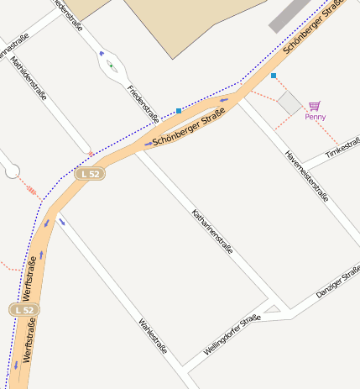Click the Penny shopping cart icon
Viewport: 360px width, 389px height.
point(314,105)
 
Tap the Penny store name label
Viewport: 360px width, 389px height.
point(315,117)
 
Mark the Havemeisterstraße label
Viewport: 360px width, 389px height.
point(306,176)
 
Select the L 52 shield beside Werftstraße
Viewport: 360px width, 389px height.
point(25,310)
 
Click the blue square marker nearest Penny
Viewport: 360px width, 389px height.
point(273,76)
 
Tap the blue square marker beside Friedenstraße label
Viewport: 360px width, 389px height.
point(179,111)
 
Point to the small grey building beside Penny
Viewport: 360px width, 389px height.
point(290,103)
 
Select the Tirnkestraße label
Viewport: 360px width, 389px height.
point(343,146)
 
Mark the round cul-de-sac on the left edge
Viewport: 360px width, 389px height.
point(11,171)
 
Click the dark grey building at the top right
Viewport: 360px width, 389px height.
point(290,15)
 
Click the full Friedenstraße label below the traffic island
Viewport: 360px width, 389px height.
point(143,102)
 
